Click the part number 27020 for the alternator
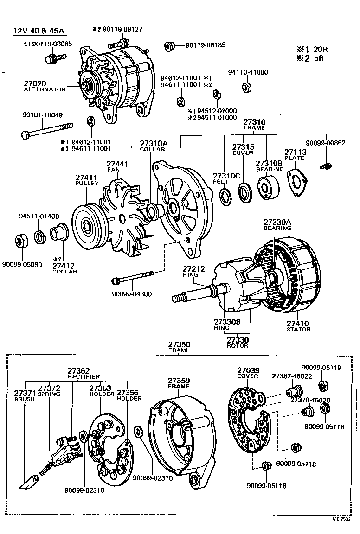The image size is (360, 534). (35, 83)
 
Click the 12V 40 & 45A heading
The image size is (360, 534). (39, 32)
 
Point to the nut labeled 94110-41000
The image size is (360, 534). (247, 86)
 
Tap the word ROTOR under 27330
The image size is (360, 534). (238, 346)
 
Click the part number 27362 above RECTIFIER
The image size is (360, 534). (78, 370)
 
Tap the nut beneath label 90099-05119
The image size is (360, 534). (323, 385)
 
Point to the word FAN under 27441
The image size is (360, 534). (114, 170)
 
